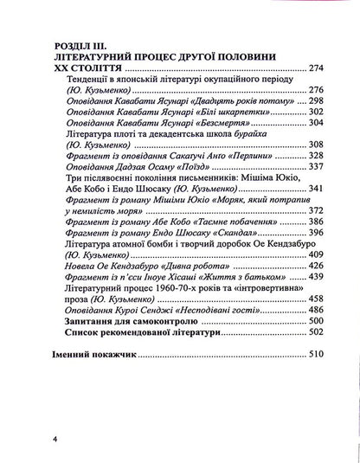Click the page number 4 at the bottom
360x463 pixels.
click(54, 439)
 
